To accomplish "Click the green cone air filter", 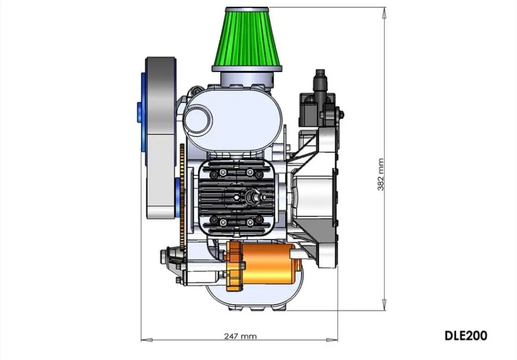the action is click(x=247, y=36).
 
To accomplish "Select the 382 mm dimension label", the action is click(x=381, y=174).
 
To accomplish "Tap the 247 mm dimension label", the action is click(x=240, y=336).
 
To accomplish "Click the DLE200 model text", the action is click(x=466, y=336).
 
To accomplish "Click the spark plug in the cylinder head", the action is click(x=255, y=196).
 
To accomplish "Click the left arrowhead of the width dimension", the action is click(x=147, y=339).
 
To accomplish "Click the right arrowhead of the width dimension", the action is click(x=332, y=339).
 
